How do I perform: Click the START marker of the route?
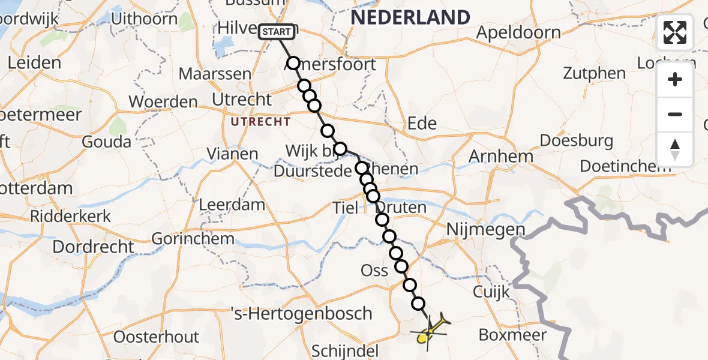(x=277, y=32)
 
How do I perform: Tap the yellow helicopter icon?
(x=430, y=331)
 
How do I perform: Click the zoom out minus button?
(x=675, y=114)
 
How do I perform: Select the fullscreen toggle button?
(x=675, y=32)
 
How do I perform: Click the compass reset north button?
(x=675, y=149)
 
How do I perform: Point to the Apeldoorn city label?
(x=518, y=33)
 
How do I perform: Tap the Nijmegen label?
(x=485, y=229)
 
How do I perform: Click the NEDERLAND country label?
(x=410, y=17)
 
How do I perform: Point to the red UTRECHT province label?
(x=261, y=122)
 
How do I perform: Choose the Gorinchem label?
(x=193, y=239)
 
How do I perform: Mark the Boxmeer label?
(x=512, y=335)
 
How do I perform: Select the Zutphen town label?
(x=594, y=74)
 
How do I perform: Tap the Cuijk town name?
(x=491, y=292)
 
